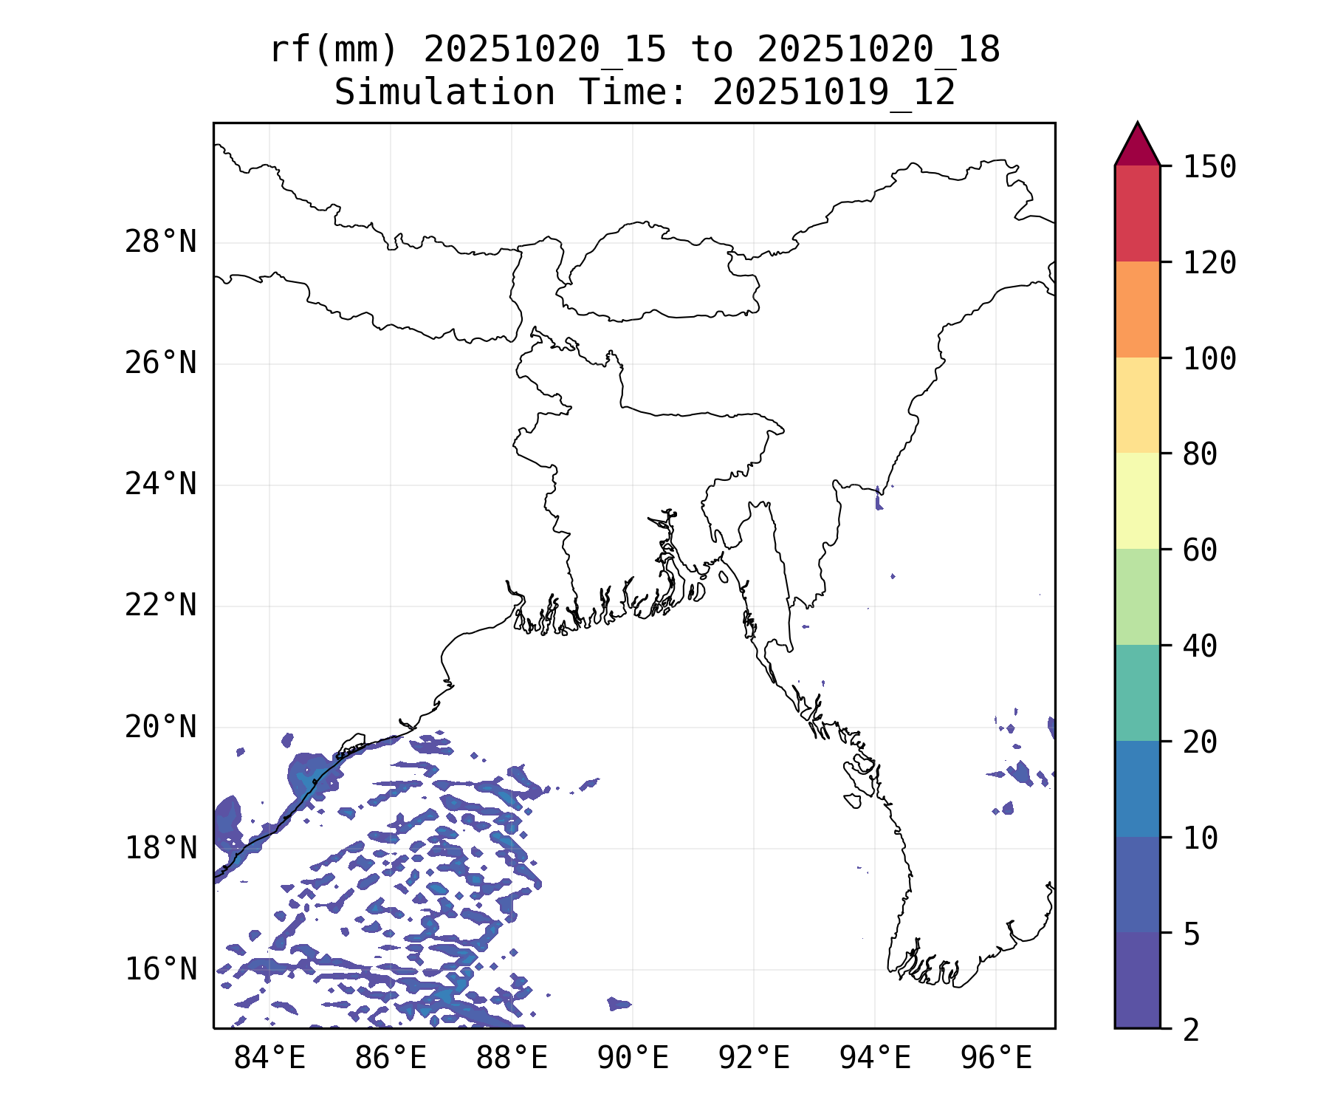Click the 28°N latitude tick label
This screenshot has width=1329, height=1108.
[x=161, y=242]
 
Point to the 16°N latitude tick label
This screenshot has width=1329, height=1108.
[x=161, y=969]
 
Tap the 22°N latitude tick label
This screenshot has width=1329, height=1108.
[x=161, y=606]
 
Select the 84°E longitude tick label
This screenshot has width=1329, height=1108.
[x=269, y=1059]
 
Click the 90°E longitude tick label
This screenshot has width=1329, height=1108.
[x=633, y=1059]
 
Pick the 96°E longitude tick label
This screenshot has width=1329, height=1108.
[x=996, y=1059]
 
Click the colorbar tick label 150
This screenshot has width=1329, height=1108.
[x=1209, y=167]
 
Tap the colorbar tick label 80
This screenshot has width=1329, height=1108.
[x=1200, y=454]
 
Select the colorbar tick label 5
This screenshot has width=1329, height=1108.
[x=1191, y=934]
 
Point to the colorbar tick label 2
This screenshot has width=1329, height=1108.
[x=1191, y=1030]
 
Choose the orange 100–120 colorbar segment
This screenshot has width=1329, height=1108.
[x=1137, y=310]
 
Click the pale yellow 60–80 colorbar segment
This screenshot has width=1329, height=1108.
[x=1137, y=501]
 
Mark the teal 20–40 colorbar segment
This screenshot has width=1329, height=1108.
[x=1137, y=693]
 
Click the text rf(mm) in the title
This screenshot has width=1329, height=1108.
[x=334, y=50]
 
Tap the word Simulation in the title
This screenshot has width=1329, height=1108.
[x=444, y=93]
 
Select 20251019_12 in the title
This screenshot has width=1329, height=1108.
[x=834, y=93]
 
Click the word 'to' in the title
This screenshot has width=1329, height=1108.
[x=712, y=50]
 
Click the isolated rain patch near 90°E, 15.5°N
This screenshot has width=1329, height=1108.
[x=619, y=1003]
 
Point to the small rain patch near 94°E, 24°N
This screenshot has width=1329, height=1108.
[x=879, y=500]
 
